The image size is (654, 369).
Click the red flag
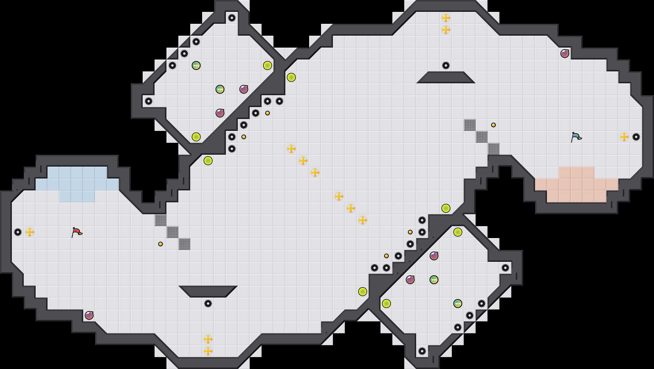click(x=77, y=232)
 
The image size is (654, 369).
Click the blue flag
click(x=576, y=137)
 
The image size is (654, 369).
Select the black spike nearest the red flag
click(x=18, y=232)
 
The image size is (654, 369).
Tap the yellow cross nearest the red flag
click(x=30, y=232)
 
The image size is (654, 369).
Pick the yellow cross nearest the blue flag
click(x=624, y=137)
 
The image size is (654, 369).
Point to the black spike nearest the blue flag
click(x=636, y=137)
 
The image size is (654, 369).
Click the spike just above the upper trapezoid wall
click(x=446, y=65)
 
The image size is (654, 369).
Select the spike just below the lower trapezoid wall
click(x=208, y=304)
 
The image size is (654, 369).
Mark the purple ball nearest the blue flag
click(x=565, y=54)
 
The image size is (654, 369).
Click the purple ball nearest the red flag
click(x=89, y=315)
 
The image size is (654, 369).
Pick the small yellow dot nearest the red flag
click(x=161, y=244)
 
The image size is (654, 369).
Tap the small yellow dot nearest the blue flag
click(x=493, y=125)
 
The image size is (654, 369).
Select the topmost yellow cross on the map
click(x=446, y=18)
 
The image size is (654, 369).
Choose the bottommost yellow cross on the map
click(x=208, y=351)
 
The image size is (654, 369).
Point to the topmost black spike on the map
click(x=232, y=18)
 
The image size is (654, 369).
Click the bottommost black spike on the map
click(x=422, y=351)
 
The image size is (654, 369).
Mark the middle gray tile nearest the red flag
click(x=172, y=232)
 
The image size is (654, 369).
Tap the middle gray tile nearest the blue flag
click(x=482, y=137)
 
